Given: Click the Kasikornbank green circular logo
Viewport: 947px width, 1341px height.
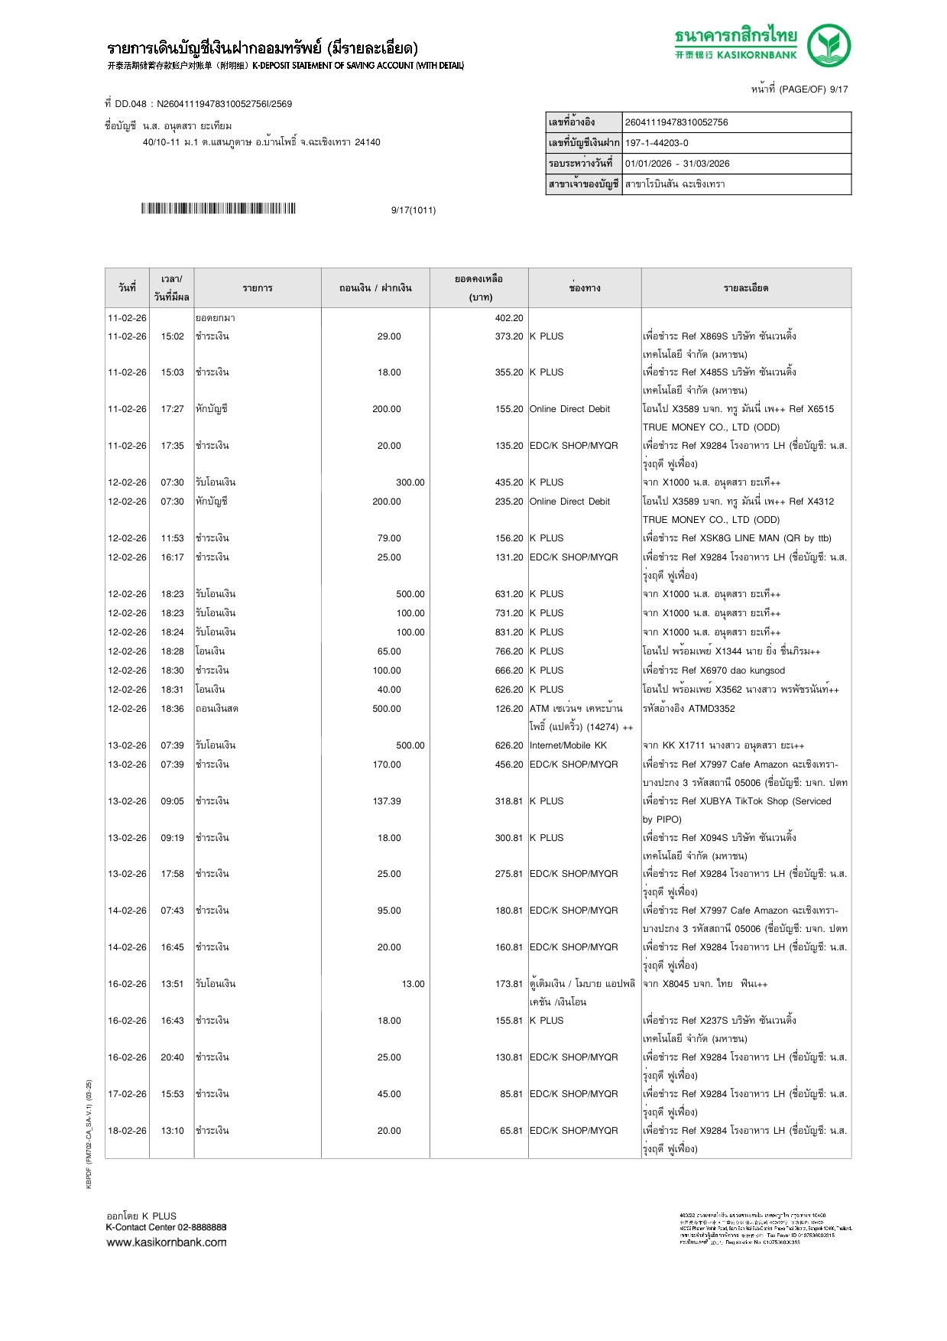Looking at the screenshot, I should point(829,45).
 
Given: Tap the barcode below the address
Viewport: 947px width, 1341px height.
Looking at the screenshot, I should point(218,209).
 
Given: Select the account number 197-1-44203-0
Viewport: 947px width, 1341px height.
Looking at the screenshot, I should point(657,143).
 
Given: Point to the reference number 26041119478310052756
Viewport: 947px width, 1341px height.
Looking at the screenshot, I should point(676,122).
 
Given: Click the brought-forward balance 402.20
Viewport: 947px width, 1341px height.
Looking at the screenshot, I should point(509,318).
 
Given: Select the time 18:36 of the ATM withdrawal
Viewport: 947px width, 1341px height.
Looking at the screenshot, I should point(172,709).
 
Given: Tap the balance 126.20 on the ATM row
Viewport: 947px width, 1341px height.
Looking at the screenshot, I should point(509,709).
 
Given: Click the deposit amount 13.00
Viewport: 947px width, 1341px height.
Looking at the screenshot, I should point(413,984).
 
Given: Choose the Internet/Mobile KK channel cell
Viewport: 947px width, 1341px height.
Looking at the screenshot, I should point(568,745).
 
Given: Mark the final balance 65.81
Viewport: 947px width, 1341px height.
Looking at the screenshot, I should point(511,1131).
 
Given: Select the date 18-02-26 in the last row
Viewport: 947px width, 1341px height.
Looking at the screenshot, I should point(127,1131).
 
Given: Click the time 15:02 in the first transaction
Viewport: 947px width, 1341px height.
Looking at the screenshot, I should point(172,336).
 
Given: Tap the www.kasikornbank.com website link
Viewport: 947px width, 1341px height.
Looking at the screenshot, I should point(167,1242).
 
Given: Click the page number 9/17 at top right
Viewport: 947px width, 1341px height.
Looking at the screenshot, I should point(838,89).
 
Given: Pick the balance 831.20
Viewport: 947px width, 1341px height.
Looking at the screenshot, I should point(509,632).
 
